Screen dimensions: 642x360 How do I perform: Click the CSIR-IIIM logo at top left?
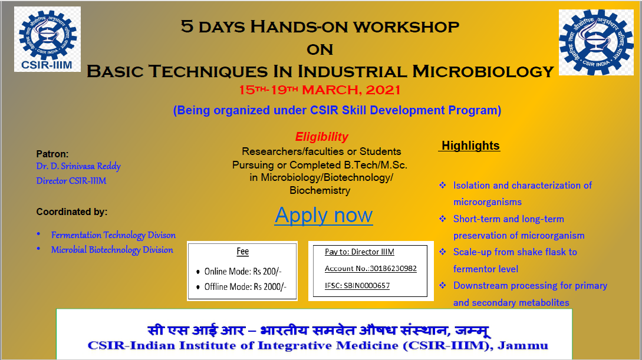[48, 39]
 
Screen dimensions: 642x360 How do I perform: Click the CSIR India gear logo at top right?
[596, 42]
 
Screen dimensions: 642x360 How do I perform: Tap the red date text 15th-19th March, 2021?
[320, 90]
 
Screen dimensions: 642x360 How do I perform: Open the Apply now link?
[324, 215]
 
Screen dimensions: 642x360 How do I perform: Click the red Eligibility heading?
[322, 137]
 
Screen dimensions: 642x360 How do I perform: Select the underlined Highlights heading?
[470, 146]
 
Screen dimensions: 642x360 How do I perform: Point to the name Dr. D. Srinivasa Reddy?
[78, 167]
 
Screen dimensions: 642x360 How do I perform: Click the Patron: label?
[52, 154]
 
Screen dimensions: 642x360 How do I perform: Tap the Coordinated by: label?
[72, 212]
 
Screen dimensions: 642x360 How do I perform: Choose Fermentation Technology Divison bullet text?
[113, 235]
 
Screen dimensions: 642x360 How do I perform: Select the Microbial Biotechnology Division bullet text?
[112, 250]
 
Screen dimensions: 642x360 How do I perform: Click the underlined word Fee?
[243, 251]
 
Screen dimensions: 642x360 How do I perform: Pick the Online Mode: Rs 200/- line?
[243, 271]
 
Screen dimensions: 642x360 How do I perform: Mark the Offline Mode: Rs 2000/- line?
[245, 287]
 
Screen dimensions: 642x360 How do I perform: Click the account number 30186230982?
[393, 268]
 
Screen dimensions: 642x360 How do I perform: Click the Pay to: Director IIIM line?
[360, 252]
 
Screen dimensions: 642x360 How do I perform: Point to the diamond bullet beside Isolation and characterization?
[443, 186]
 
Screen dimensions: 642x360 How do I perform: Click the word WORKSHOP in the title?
[406, 27]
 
